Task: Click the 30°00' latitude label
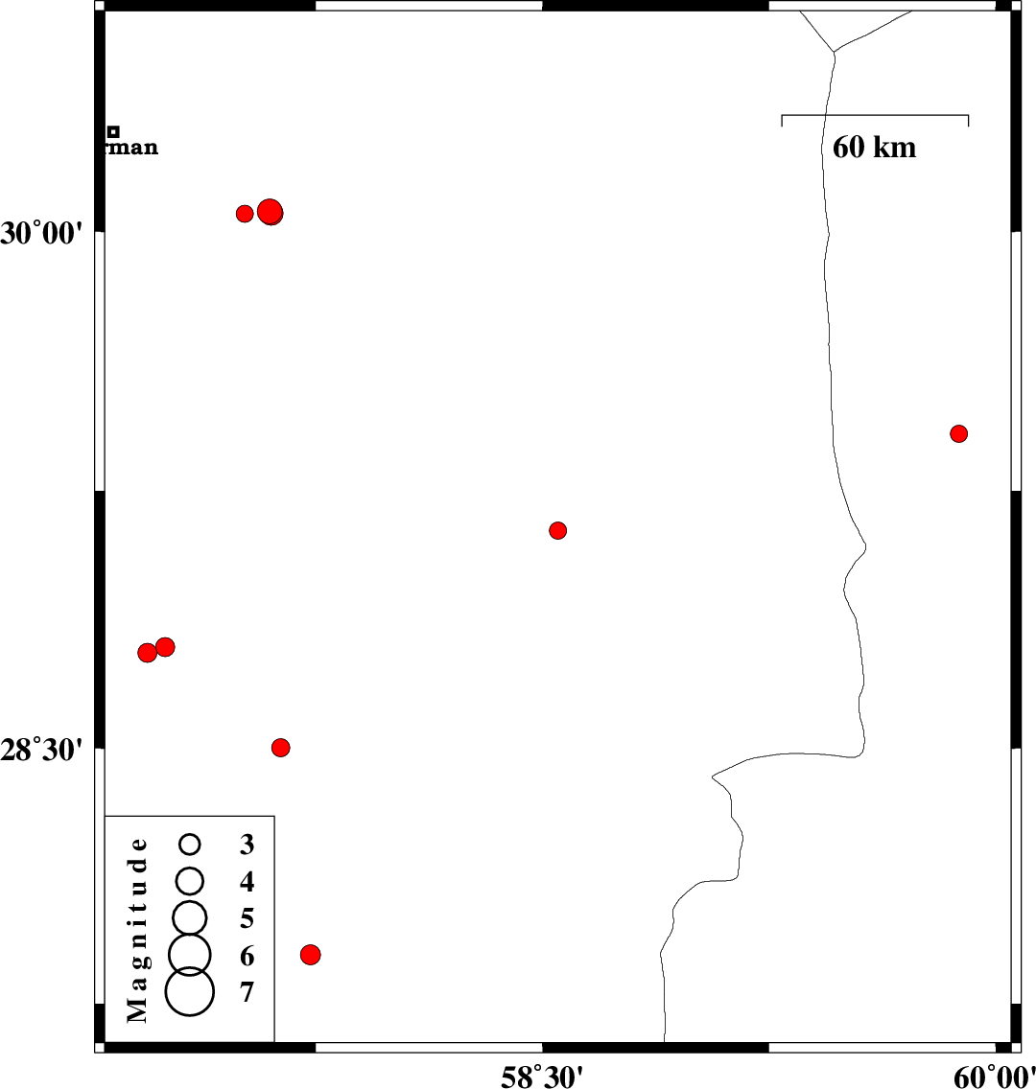43,233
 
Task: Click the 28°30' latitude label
43,749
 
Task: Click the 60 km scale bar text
874,147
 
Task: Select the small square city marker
113,131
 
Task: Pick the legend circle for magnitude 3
190,844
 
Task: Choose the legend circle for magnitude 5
190,917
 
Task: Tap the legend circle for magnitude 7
190,991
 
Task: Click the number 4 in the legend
247,881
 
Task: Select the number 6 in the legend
247,956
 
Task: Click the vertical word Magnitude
138,929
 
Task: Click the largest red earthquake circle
271,212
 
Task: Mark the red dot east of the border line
958,433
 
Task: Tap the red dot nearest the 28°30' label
280,748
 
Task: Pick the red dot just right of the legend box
310,954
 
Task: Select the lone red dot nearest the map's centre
557,530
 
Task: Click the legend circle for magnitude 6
190,953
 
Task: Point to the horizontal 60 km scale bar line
875,116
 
